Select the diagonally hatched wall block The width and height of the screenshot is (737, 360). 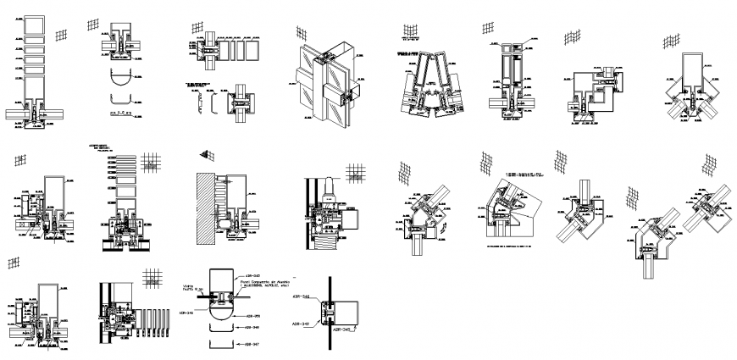tap(205, 208)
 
